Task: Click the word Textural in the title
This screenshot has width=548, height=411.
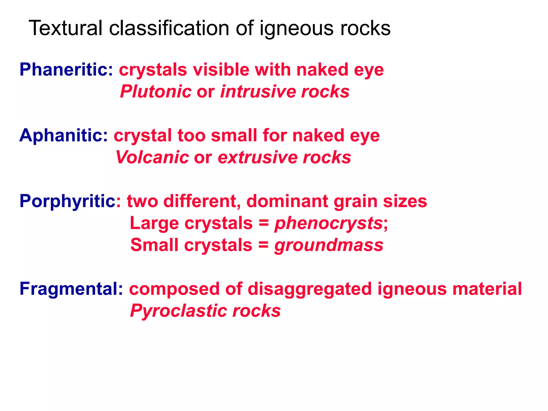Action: click(66, 28)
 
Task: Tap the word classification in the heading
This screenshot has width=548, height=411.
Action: click(169, 28)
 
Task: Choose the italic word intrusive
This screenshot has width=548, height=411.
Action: click(258, 92)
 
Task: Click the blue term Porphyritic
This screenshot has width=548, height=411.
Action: click(67, 201)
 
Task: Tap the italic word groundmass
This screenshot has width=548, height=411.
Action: click(329, 245)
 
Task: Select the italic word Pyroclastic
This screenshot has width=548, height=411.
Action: click(178, 311)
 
